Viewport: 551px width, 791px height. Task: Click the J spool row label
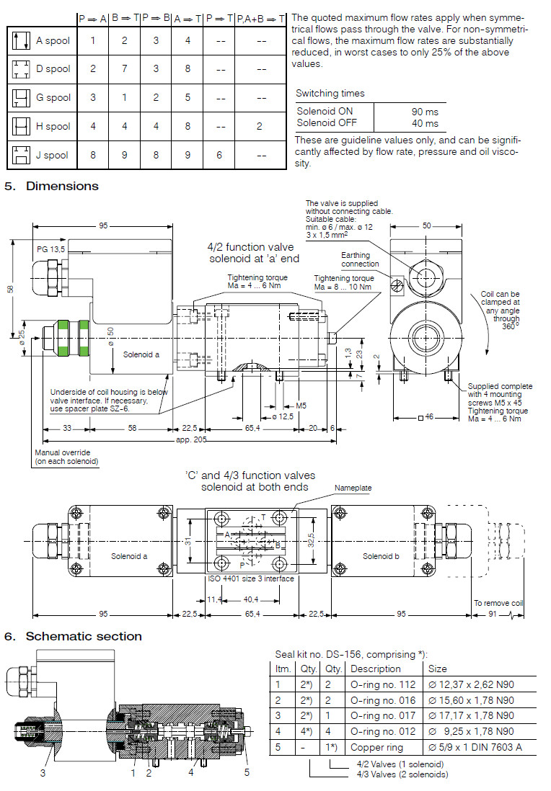click(53, 154)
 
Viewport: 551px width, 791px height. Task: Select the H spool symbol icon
click(20, 126)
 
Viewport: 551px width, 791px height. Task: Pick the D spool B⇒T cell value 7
click(124, 69)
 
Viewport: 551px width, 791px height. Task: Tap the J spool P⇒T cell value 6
click(219, 154)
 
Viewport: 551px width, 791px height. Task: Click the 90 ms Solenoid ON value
click(425, 112)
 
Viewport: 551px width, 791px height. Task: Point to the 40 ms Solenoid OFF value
click(425, 122)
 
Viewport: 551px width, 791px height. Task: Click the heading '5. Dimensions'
click(51, 186)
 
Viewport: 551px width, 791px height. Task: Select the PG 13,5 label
click(51, 249)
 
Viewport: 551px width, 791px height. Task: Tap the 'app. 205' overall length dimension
click(190, 440)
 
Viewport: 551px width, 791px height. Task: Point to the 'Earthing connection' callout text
click(358, 259)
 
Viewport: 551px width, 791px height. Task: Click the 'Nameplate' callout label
click(353, 488)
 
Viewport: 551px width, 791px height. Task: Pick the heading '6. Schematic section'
click(73, 636)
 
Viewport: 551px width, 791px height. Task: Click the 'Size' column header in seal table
click(438, 669)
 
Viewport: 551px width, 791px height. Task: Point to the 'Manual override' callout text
click(66, 456)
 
